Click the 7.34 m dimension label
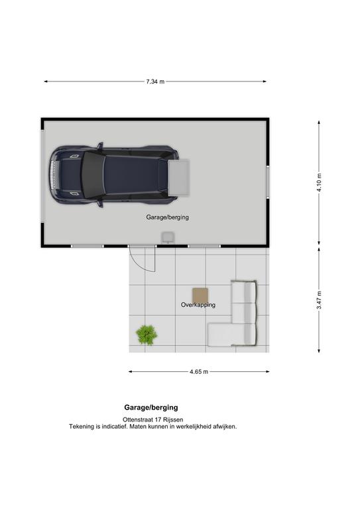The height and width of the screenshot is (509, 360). (155, 82)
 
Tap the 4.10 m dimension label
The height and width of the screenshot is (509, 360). (319, 182)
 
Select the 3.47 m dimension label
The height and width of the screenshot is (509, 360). (319, 300)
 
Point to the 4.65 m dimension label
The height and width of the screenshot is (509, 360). (199, 372)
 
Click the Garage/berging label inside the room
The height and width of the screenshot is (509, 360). (167, 217)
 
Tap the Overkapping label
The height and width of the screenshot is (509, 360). (198, 305)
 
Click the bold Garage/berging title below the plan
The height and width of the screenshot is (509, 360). (151, 408)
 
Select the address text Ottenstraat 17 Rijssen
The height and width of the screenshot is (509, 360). (152, 420)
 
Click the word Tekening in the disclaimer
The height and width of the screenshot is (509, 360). (81, 427)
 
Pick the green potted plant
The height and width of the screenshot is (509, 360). (147, 335)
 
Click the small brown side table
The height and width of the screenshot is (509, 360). (200, 296)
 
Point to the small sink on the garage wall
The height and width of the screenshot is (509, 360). (168, 237)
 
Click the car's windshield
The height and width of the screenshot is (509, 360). (93, 175)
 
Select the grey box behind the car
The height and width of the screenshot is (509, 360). (178, 177)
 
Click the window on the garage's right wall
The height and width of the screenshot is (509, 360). (268, 182)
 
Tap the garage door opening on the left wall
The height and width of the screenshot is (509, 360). (42, 176)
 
